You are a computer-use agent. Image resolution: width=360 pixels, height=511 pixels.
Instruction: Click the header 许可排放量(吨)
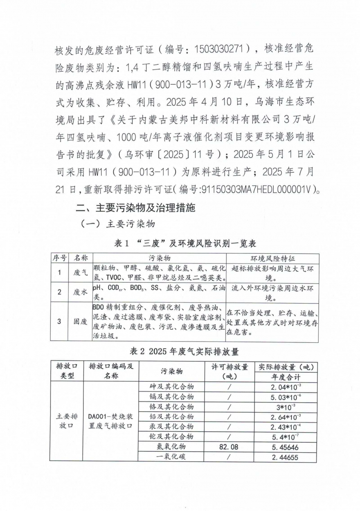(x=230, y=371)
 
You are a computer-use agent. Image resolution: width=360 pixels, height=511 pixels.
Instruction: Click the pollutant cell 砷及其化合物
(x=172, y=387)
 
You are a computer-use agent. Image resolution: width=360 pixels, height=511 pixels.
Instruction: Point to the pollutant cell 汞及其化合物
(x=172, y=426)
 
